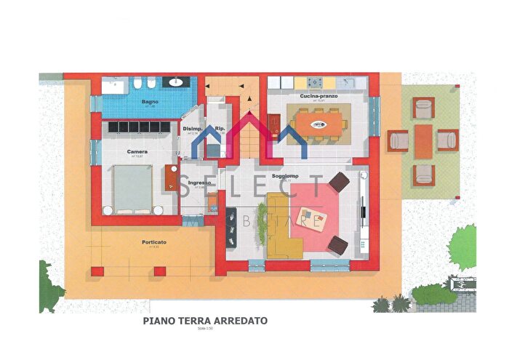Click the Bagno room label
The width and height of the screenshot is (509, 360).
(151, 102)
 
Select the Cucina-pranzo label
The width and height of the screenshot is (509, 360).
(317, 97)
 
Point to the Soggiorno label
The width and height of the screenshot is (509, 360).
(283, 177)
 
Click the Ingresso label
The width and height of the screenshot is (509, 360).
(199, 183)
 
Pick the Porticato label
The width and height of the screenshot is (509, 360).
(153, 242)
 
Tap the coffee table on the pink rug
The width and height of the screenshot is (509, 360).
(313, 218)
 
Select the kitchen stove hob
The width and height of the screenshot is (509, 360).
(318, 82)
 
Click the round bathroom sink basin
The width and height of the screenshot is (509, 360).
(176, 83)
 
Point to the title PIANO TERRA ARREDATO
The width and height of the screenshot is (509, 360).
(205, 320)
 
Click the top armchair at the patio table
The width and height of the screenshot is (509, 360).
(423, 108)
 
